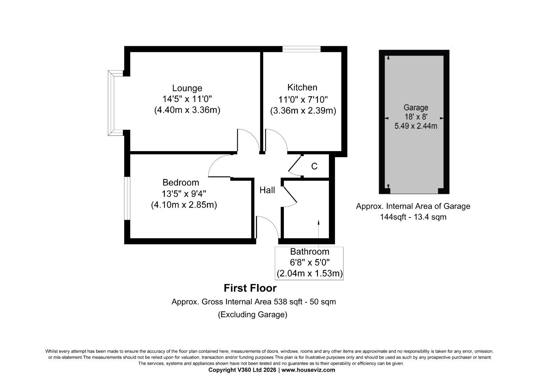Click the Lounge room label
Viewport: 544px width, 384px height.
(x=187, y=88)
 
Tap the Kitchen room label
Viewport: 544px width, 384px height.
(x=302, y=87)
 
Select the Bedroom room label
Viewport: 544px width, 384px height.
(x=181, y=183)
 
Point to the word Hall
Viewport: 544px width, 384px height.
(x=267, y=190)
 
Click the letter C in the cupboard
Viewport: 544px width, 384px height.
(x=314, y=166)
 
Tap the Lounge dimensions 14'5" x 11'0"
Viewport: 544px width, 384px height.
(x=187, y=99)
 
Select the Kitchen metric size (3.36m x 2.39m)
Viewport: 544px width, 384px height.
(x=303, y=111)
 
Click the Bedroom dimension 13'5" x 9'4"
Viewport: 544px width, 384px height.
(x=184, y=194)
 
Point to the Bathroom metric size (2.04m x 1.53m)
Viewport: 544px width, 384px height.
(x=309, y=274)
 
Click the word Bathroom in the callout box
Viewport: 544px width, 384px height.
(x=309, y=252)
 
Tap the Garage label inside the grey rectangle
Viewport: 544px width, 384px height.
(x=416, y=107)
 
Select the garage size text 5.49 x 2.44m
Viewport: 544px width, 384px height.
(x=416, y=126)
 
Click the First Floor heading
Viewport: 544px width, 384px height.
(x=250, y=288)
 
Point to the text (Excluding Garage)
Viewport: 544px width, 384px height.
(x=252, y=315)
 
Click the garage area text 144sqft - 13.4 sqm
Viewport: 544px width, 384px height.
(x=413, y=217)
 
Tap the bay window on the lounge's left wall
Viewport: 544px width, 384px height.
(x=113, y=103)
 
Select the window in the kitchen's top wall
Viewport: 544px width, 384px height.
(x=301, y=49)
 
